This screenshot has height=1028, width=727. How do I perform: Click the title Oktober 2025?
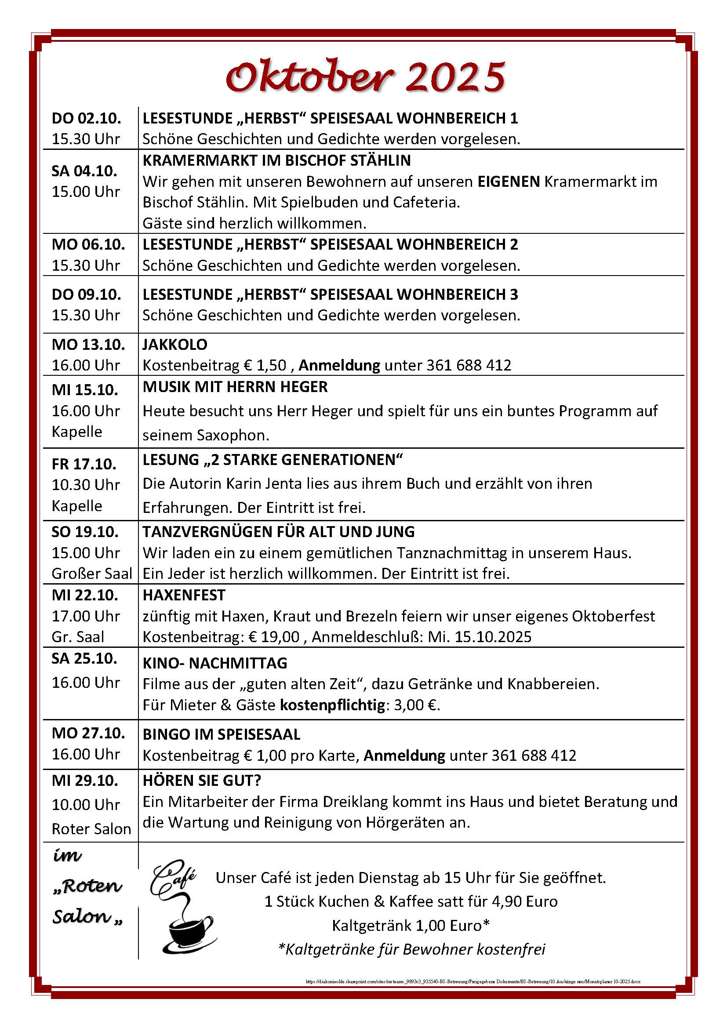coord(365,77)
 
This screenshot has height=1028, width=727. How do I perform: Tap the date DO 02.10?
coord(87,118)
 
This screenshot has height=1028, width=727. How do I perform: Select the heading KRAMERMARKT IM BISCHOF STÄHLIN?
coord(276,160)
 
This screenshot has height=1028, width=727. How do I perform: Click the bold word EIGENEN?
coord(509,182)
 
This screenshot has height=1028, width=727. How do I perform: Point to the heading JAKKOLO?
coord(175,344)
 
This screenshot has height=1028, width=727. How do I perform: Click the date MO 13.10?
coord(88,344)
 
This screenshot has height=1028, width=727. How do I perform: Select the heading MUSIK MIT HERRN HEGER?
coord(235,387)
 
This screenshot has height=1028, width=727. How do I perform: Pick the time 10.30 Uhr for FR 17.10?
coord(86,484)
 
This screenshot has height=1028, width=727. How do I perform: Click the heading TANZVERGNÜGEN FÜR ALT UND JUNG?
coord(278,531)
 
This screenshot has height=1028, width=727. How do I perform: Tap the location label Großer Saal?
coord(92,574)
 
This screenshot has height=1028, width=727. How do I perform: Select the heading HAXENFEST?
coord(184,595)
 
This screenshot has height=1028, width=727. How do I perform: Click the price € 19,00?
coord(274,637)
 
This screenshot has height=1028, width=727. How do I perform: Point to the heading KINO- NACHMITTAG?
coord(215,663)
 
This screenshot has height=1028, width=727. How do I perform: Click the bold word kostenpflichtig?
coord(332,705)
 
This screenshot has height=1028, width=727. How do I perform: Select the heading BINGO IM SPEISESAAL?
coord(222,735)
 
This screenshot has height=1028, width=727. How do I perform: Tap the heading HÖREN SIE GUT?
coord(202,781)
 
